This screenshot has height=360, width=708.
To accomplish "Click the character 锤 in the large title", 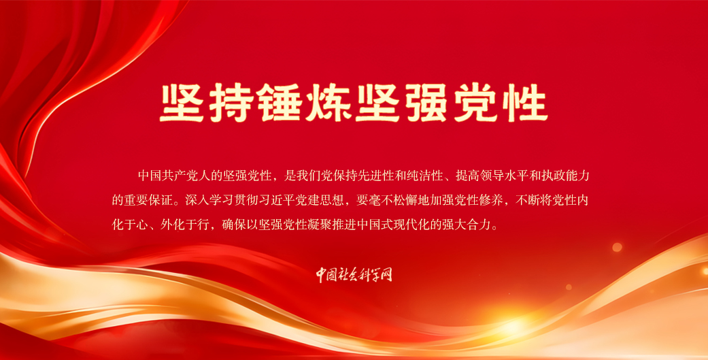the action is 279,102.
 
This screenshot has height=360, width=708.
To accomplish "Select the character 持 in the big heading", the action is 230,102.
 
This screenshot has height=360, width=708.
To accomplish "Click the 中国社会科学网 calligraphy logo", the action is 354,274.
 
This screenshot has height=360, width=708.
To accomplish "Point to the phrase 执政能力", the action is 566,176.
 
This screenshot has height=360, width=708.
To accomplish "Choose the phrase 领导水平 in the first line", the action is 505,176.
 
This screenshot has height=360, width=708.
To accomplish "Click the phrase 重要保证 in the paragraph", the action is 148,200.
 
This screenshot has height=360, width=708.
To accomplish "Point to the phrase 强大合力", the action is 467,225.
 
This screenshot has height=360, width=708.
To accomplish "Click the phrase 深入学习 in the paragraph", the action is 209,200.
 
